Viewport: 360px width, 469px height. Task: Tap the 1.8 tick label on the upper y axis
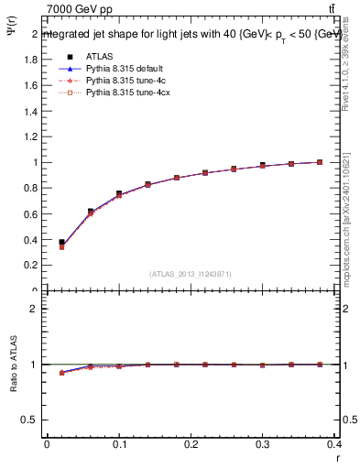tap(29, 60)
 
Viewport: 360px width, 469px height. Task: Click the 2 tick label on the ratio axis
tap(33, 309)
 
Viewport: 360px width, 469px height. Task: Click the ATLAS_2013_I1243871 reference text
tap(190, 275)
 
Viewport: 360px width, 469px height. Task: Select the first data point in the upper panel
tap(61, 243)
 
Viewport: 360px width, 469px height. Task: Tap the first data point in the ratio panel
tap(61, 373)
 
